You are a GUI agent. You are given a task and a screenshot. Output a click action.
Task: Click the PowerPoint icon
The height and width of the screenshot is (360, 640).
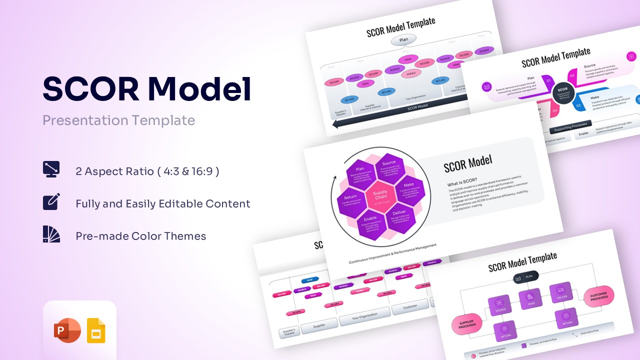click(67, 330)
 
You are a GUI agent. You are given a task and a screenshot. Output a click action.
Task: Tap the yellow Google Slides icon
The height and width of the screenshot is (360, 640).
click(96, 330)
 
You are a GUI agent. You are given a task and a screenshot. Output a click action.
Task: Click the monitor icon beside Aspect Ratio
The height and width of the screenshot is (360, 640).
click(51, 169)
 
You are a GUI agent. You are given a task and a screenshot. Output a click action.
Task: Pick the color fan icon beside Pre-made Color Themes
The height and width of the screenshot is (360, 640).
click(51, 234)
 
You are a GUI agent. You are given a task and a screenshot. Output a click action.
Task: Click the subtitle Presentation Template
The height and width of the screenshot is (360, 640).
click(118, 120)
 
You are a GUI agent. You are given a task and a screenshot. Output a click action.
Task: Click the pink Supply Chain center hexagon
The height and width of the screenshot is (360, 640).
click(380, 195)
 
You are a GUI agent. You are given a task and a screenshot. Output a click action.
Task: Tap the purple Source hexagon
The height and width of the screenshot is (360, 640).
click(389, 168)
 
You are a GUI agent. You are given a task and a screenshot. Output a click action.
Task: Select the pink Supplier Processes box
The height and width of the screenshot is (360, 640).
click(467, 324)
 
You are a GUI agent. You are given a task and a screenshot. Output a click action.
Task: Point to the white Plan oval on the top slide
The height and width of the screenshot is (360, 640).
click(403, 40)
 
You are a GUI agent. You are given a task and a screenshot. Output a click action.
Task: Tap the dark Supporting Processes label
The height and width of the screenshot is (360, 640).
click(570, 126)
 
